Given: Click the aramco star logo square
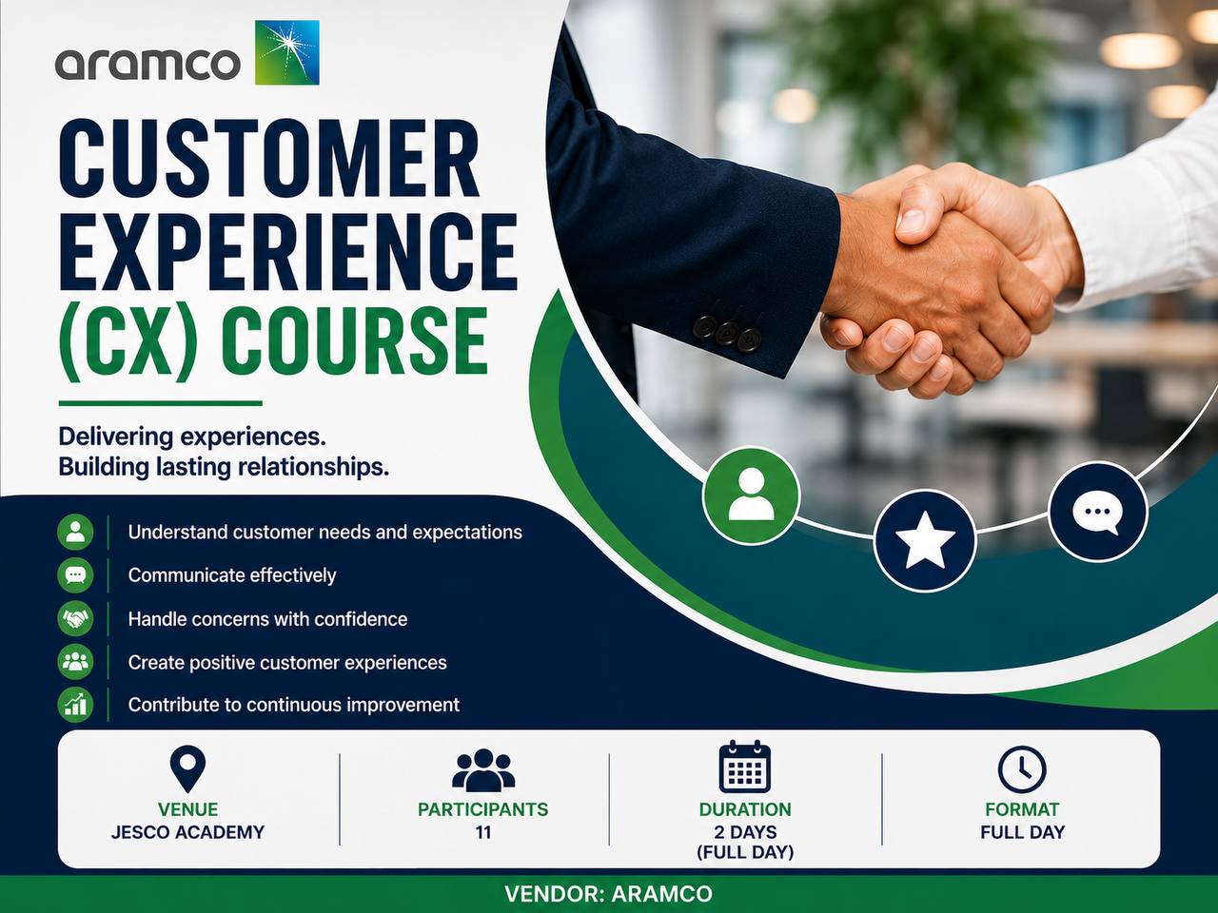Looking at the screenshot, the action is [286, 52].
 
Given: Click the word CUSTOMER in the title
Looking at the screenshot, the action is [269, 158].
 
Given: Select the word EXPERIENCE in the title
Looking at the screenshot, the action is [288, 251].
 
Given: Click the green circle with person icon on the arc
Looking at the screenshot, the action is [752, 495].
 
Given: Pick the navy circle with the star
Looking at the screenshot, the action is [925, 540].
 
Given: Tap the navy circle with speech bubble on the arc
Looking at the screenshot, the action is [1097, 512].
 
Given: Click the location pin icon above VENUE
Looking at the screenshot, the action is [187, 768].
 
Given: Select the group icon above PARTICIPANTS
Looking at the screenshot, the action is [483, 770].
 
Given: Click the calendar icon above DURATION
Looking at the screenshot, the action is [745, 767].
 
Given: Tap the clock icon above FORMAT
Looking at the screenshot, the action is [1022, 769].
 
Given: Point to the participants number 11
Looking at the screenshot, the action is [483, 832].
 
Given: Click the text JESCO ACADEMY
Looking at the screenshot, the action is [187, 832].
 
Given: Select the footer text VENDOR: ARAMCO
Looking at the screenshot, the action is [608, 894].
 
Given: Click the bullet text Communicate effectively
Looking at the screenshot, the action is [232, 575].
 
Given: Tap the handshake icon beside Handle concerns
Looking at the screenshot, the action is [75, 618].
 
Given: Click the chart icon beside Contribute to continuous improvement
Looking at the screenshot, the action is [75, 705].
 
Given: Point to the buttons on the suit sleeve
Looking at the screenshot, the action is [726, 331].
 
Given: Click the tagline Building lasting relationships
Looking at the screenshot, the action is [224, 467].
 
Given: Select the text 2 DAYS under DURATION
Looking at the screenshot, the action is [745, 832].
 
